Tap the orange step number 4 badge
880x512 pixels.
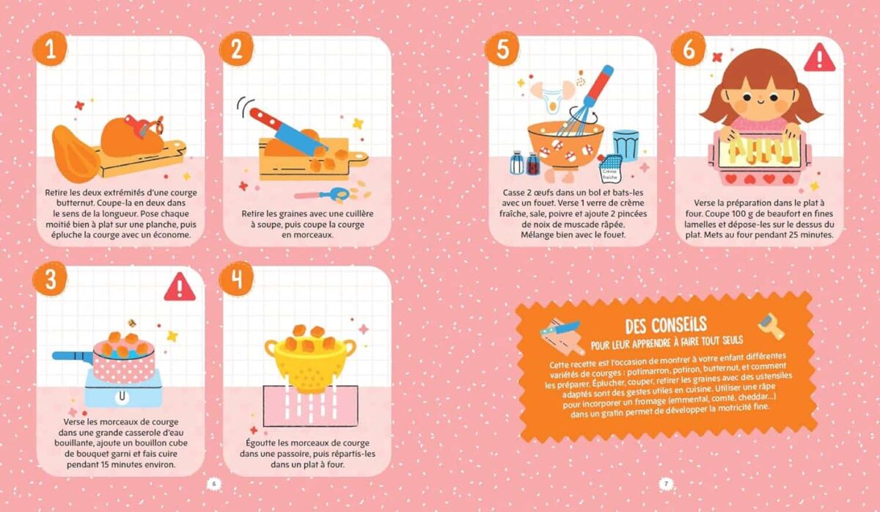[x=237, y=279]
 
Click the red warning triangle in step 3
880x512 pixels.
[x=179, y=287]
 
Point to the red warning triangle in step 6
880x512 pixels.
[x=818, y=58]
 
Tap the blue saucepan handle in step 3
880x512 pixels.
[x=71, y=356]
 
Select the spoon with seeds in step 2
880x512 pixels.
[x=323, y=195]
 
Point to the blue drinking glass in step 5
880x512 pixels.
[x=626, y=145]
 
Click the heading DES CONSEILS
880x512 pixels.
[x=666, y=323]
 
